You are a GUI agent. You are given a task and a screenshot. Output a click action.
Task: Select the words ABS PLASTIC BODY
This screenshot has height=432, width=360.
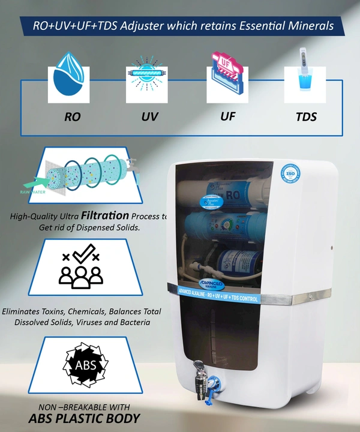coord(85,418)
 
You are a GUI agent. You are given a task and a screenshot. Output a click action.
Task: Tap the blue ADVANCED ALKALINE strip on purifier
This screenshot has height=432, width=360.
coord(218,298)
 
